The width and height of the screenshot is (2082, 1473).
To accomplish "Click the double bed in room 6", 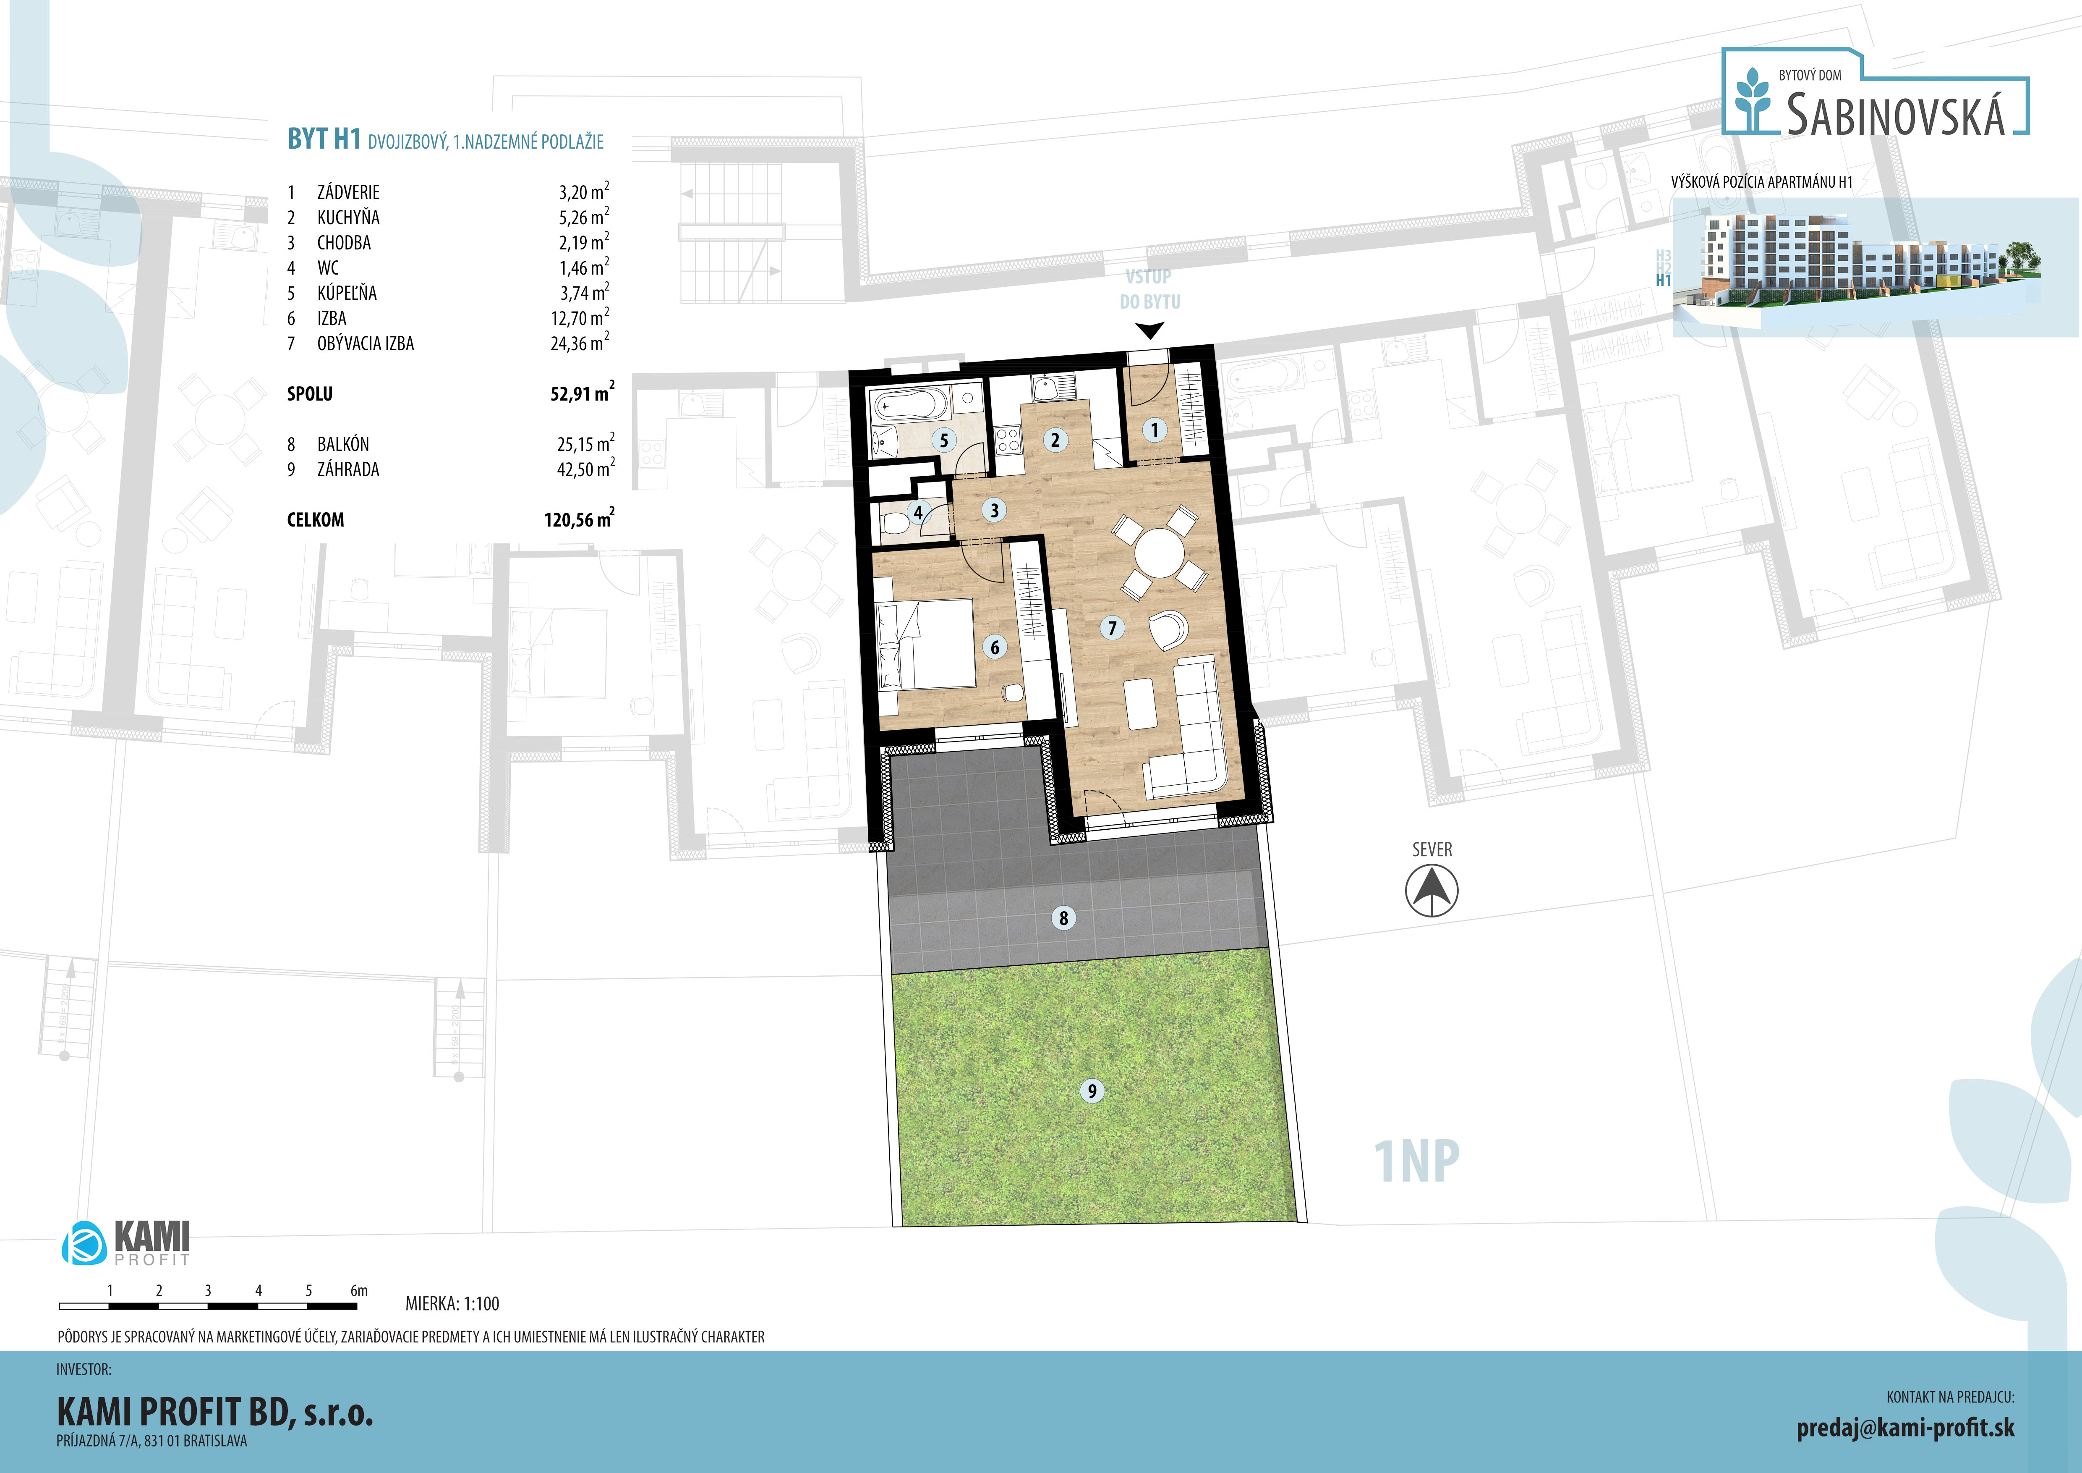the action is [926, 644].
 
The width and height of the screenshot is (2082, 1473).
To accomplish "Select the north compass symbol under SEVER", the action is [1432, 891].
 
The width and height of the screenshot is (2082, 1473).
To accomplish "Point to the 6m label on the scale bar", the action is [359, 1290].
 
